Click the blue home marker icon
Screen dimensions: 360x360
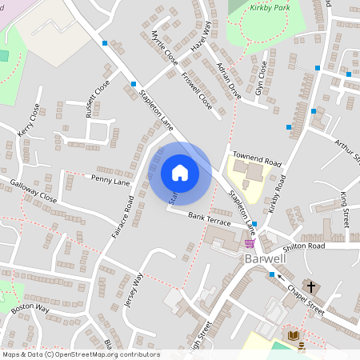click(179, 172)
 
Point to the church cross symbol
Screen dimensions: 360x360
click(311, 285)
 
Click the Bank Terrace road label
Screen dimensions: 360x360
click(209, 217)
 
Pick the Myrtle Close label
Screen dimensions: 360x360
click(165, 47)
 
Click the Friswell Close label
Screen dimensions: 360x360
click(195, 92)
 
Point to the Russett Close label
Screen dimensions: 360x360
click(98, 98)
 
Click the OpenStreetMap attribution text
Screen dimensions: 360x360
click(80, 354)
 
